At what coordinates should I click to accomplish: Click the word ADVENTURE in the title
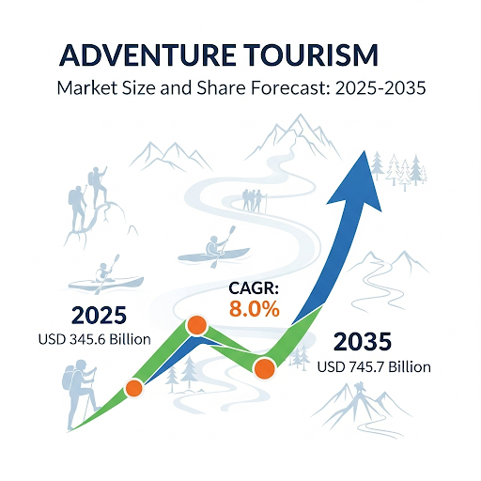pyautogui.click(x=147, y=55)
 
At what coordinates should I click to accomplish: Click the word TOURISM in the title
pyautogui.click(x=311, y=55)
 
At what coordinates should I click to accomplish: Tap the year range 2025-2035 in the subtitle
pyautogui.click(x=380, y=88)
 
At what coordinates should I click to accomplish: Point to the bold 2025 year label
pyautogui.click(x=99, y=316)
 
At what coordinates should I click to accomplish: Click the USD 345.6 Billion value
pyautogui.click(x=94, y=339)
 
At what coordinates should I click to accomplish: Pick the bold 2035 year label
pyautogui.click(x=363, y=341)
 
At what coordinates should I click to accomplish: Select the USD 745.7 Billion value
pyautogui.click(x=374, y=366)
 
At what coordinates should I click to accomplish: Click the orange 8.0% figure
pyautogui.click(x=255, y=309)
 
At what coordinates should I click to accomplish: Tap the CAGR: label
pyautogui.click(x=254, y=288)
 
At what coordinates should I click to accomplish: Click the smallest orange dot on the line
pyautogui.click(x=134, y=388)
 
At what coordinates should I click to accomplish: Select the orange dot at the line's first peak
pyautogui.click(x=196, y=326)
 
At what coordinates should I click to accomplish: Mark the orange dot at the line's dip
pyautogui.click(x=265, y=368)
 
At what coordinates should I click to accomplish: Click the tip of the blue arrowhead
pyautogui.click(x=364, y=151)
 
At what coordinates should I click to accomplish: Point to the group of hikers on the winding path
pyautogui.click(x=255, y=201)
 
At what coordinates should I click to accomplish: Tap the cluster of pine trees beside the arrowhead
pyautogui.click(x=399, y=170)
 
